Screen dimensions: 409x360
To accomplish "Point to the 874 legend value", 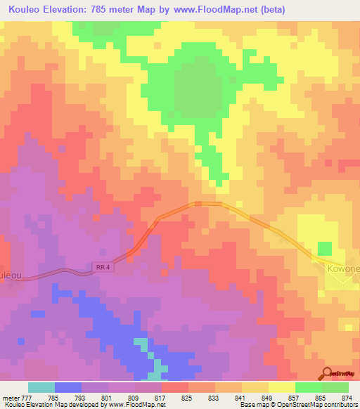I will click(346, 398).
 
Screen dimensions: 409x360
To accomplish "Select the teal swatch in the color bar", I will click(41, 387).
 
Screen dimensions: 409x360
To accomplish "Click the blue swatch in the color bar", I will click(68, 387).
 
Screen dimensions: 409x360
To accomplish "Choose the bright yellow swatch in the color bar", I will click(282, 387).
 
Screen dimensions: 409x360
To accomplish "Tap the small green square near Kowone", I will click(324, 249).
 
